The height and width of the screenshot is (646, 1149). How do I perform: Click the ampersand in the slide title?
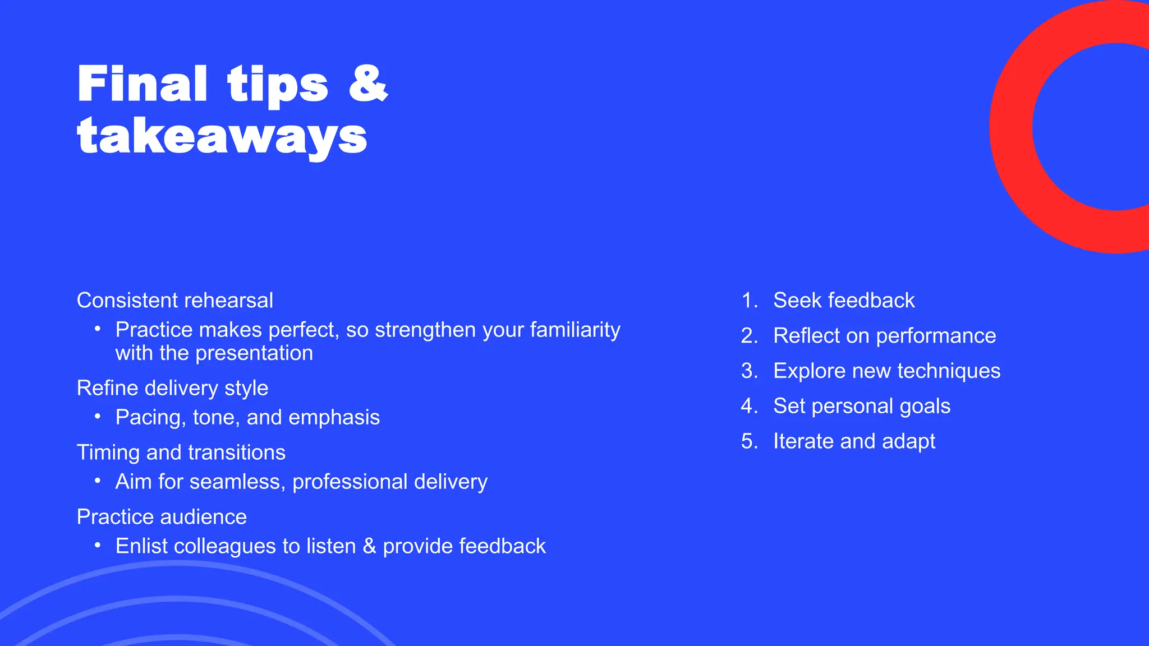(x=368, y=84)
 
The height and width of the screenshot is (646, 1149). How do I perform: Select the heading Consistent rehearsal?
(x=175, y=301)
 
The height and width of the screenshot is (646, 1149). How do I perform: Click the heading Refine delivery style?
(x=172, y=388)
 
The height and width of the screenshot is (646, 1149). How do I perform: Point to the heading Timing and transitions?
(x=181, y=453)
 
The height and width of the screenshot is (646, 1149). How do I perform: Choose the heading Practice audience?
(x=162, y=517)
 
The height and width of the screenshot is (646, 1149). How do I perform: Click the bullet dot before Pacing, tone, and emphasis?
(x=98, y=416)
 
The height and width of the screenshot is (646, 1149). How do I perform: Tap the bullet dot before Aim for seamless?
(x=98, y=481)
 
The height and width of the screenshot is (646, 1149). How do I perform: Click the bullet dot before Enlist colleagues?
(x=98, y=545)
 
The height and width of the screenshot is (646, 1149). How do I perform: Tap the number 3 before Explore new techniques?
(x=748, y=371)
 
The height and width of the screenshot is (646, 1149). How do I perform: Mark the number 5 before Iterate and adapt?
(x=748, y=441)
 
